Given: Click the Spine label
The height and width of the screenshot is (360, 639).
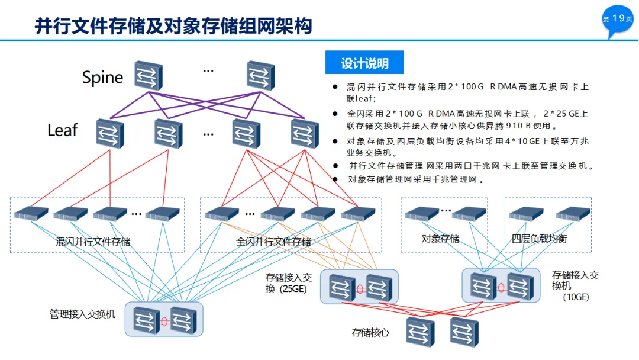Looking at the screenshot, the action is coord(102,78).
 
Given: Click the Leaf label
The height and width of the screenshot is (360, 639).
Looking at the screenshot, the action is coord(62,130).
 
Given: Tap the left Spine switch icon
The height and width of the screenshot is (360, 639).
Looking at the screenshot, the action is coord(149,75).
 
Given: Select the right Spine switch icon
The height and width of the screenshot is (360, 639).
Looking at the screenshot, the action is coord(261,75).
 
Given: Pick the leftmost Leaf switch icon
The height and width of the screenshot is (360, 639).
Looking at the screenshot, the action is coord(110,134).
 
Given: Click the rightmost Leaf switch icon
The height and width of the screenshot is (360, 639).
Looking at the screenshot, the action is coord(305,134).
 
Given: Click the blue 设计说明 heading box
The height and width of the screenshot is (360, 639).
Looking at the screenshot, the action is coord(364,62).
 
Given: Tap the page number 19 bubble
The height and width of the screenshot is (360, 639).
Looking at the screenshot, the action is coord(617,20).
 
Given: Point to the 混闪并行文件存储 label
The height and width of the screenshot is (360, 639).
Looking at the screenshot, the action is coord(93,242).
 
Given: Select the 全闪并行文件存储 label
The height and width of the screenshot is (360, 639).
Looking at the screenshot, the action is coord(273,242).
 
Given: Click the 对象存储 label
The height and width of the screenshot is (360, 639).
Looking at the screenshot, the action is coord(440,239).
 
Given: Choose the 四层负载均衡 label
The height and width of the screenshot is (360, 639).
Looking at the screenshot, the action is coord(539,239).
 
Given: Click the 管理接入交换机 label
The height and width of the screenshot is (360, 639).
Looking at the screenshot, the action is coord(82,314).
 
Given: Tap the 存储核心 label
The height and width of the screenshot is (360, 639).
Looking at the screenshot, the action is coord(370,333).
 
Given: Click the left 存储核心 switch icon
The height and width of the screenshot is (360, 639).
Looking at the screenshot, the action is coord(420,332).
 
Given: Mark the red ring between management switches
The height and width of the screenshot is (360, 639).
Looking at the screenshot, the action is coord(164,322).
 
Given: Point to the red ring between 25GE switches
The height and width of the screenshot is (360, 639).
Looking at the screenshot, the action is coord(360,289).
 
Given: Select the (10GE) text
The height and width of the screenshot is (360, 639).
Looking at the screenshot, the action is coord(576,297).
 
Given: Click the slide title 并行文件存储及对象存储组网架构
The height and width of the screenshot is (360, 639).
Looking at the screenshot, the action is coord(173,26).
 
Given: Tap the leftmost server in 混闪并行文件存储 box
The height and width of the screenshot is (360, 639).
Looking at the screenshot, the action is coord(31,214).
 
